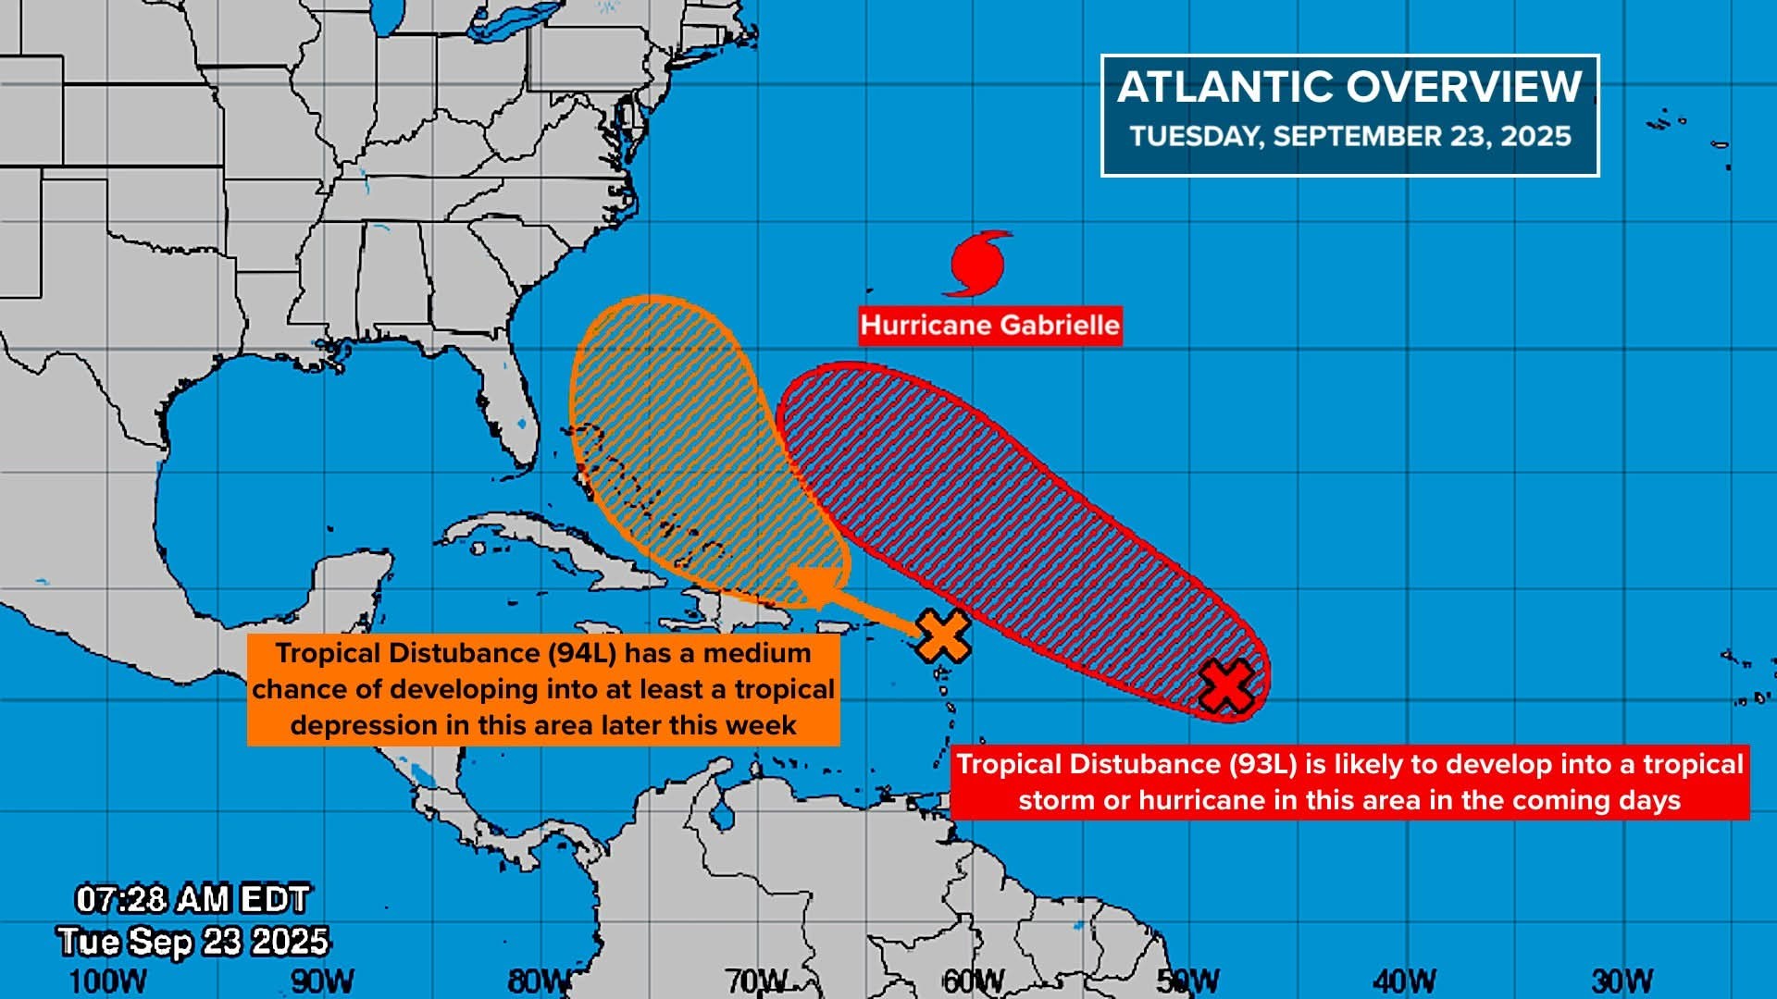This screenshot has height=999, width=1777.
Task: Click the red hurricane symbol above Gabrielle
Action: pyautogui.click(x=977, y=264)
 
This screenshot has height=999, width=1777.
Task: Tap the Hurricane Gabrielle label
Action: pyautogui.click(x=989, y=326)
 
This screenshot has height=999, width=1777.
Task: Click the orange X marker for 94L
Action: pyautogui.click(x=943, y=635)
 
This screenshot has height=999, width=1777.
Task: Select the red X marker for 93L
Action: pyautogui.click(x=1226, y=686)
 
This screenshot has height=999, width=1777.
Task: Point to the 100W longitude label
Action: pyautogui.click(x=107, y=981)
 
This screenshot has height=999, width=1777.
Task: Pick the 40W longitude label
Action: pyautogui.click(x=1404, y=981)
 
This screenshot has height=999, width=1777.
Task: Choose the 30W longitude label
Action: pyautogui.click(x=1622, y=981)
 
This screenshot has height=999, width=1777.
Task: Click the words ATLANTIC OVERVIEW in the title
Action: pyautogui.click(x=1349, y=88)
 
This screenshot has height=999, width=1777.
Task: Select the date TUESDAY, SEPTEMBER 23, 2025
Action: pyautogui.click(x=1349, y=137)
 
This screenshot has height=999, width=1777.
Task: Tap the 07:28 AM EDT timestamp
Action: pyautogui.click(x=192, y=899)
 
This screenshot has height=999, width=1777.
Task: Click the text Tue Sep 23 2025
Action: pyautogui.click(x=193, y=942)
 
